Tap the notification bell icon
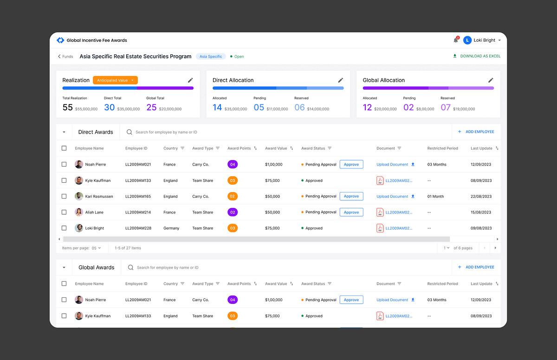coord(456,40)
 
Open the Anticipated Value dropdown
coord(115,80)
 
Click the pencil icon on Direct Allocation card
coord(340,80)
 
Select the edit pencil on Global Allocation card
coord(491,80)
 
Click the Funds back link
coord(65,57)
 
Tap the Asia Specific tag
coord(211,57)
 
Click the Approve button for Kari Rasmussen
coord(351,196)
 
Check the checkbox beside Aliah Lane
coord(64,212)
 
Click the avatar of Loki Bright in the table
coord(79,228)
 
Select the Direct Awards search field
coord(166,132)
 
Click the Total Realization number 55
coord(68,107)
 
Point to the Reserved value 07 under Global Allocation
coord(446,107)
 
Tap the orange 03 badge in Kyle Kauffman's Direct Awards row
coord(233,180)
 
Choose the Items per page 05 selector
coord(96,248)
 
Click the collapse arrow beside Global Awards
coord(64,268)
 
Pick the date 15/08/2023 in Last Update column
coord(481,212)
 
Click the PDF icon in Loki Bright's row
coord(380,228)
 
